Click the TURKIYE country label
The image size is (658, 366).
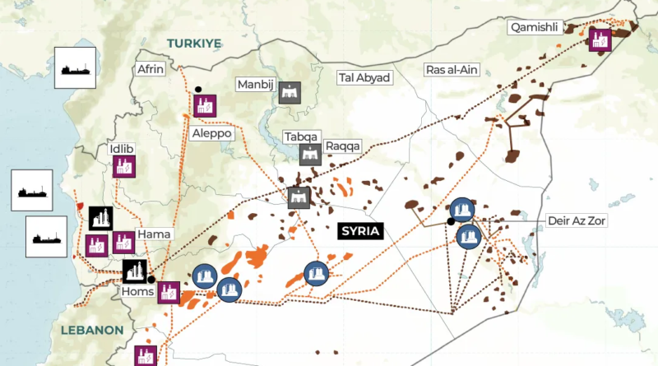click(193, 42)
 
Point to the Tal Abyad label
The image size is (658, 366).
click(364, 77)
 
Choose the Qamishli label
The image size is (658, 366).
click(535, 27)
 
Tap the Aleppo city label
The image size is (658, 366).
click(212, 133)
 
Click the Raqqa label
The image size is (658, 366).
click(343, 146)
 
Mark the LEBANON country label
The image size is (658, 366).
click(91, 331)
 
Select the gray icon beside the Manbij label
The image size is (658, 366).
click(289, 93)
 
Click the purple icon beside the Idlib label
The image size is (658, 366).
click(125, 168)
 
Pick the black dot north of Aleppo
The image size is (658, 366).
click(198, 89)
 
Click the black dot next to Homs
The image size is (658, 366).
click(151, 280)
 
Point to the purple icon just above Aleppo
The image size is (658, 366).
click(205, 104)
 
